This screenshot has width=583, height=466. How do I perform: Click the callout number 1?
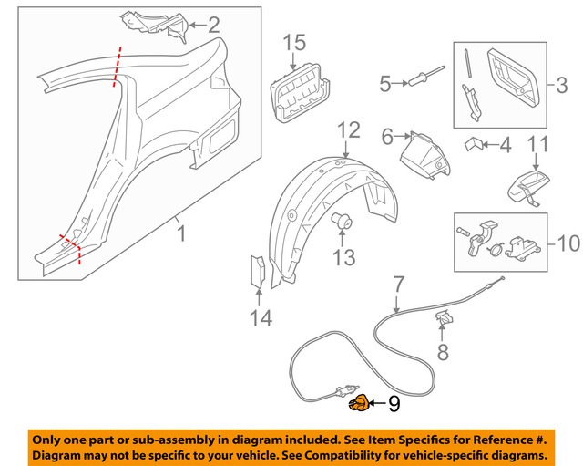(x=180, y=234)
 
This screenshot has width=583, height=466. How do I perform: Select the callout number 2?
(x=213, y=25)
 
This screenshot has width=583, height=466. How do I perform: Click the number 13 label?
(x=343, y=258)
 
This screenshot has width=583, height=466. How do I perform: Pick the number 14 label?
(x=260, y=318)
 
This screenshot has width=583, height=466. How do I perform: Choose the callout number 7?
(x=397, y=285)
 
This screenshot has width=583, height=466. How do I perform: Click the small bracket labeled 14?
(x=258, y=271)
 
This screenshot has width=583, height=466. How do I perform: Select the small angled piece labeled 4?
(x=475, y=144)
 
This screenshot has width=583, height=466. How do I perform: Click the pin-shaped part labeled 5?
(x=422, y=80)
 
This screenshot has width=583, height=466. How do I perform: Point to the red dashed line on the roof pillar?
(x=116, y=66)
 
